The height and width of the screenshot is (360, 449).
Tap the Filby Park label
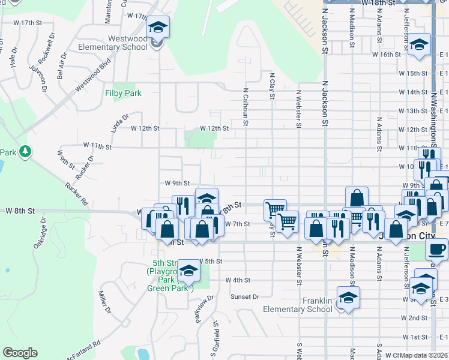123,93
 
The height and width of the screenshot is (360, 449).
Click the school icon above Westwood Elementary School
158,27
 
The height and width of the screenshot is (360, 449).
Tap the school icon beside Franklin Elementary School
348,297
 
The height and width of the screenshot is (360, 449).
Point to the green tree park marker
25,152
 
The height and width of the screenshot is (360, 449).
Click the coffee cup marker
438,248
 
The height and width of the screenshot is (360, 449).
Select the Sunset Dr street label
246,296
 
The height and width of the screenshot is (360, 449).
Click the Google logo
20,353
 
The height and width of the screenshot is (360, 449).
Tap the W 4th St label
238,280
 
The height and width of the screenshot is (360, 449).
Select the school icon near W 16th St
419,45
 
